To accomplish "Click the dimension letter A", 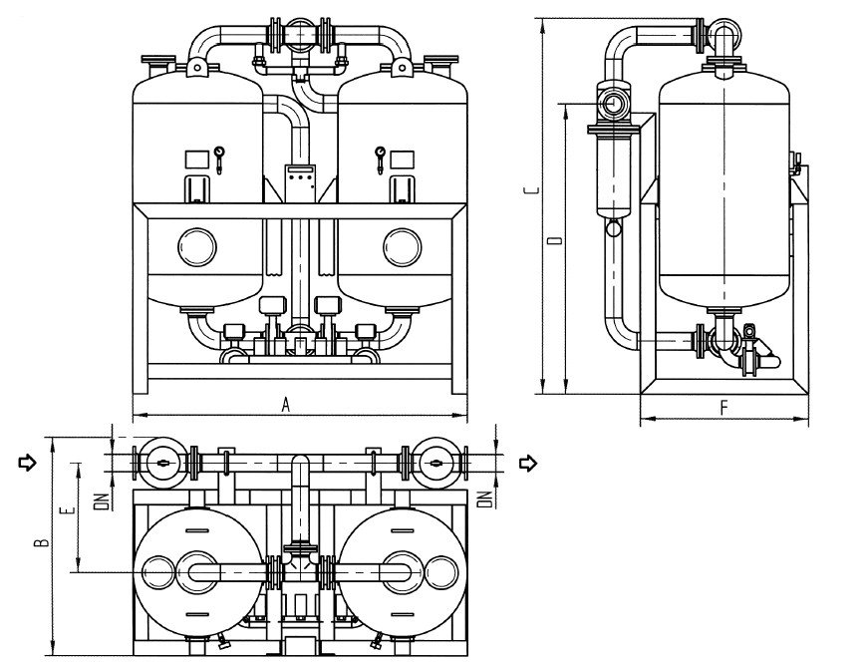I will [x=286, y=404].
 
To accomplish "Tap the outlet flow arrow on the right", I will [x=530, y=462].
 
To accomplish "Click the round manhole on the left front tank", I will [x=196, y=245].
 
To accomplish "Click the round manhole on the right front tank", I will [x=403, y=245].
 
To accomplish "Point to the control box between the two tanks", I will [x=300, y=177].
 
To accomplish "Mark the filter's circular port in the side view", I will [x=615, y=102].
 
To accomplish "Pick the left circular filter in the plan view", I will [x=160, y=462].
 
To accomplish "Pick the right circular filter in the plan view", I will [x=433, y=462].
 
